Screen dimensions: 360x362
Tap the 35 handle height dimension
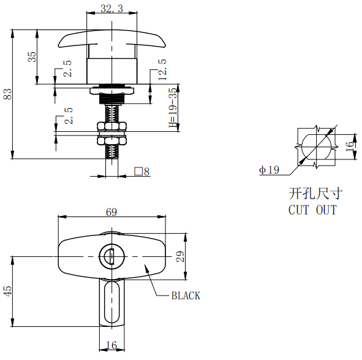pos(32,56)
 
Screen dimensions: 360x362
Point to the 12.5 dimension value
pos(162,69)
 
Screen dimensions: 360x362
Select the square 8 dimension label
pos(142,172)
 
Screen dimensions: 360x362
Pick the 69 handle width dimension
pos(111,212)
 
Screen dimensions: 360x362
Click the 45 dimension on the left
pos(8,291)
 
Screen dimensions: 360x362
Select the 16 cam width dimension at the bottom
pos(111,346)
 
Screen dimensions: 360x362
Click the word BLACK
pos(185,296)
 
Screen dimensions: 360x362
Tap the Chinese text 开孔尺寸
pos(314,194)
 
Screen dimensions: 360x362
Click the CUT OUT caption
pos(312,210)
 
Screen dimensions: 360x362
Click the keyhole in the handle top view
pos(111,256)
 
